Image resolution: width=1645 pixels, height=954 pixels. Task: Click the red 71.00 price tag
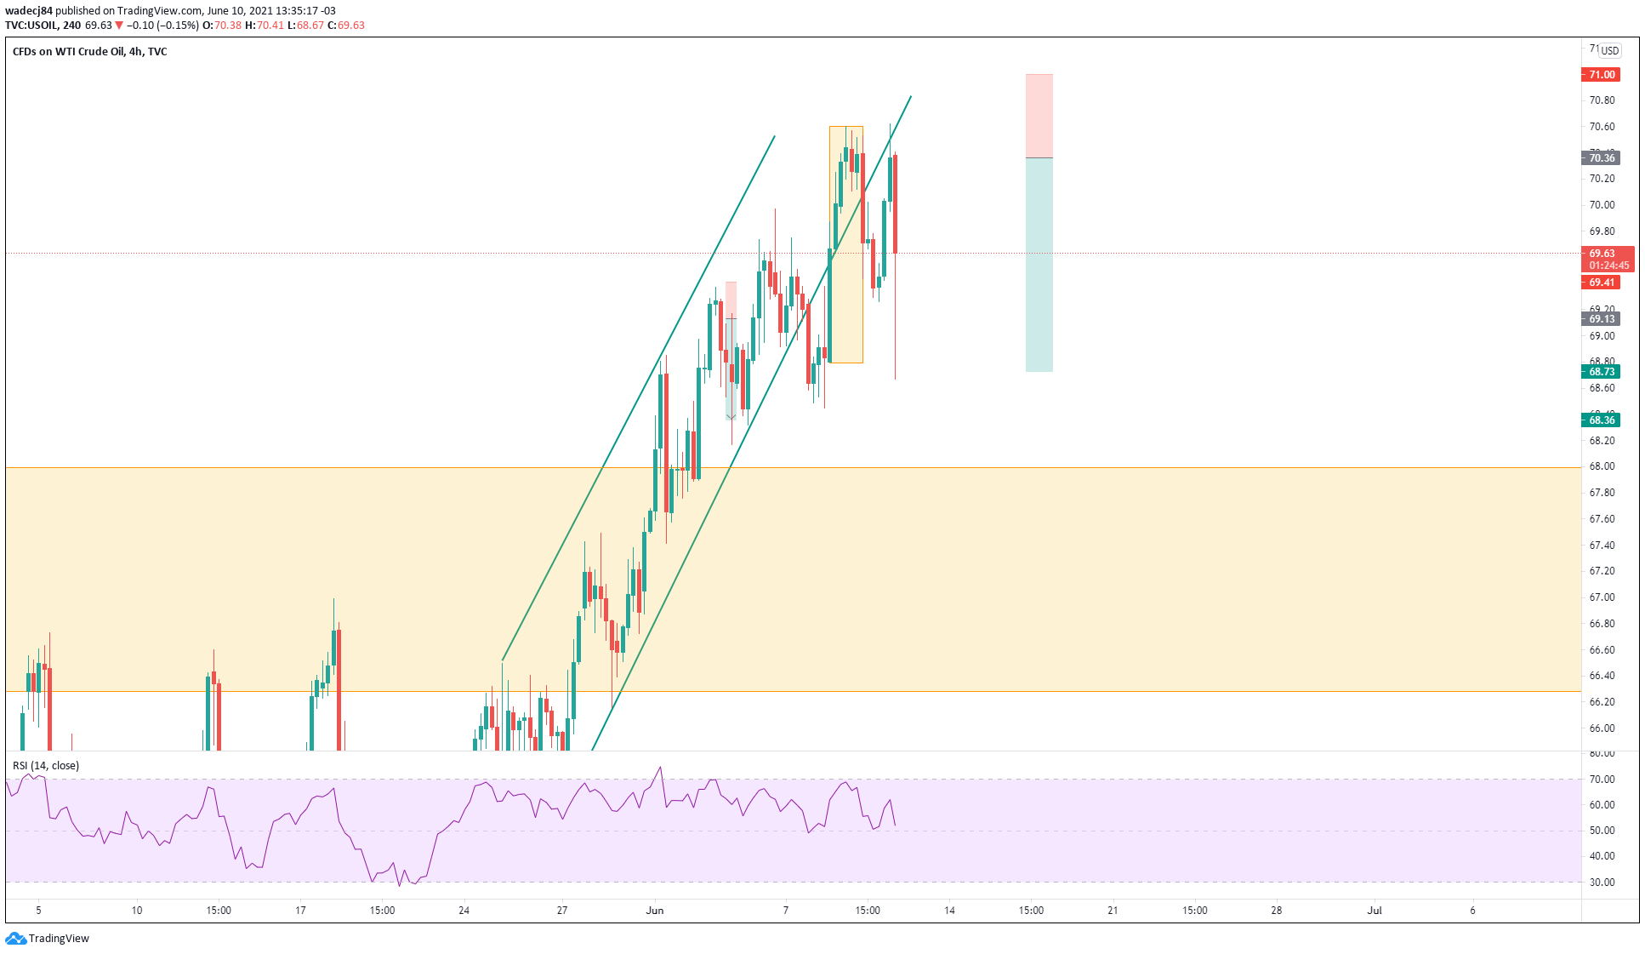coord(1601,75)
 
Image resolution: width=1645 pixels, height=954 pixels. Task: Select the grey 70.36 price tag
coord(1601,158)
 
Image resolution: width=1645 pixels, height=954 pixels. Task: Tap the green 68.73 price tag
coord(1601,372)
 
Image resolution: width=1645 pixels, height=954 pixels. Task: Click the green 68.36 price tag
coord(1601,420)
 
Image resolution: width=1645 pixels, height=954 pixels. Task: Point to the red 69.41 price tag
coord(1601,283)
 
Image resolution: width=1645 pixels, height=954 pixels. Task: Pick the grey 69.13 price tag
coord(1601,319)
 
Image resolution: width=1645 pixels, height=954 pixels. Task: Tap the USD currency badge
coord(1609,51)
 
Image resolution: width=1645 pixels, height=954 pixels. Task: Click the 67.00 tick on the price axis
coord(1602,597)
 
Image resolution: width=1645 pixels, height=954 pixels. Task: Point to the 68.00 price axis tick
coord(1602,466)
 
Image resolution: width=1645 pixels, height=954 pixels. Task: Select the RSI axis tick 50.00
coord(1602,831)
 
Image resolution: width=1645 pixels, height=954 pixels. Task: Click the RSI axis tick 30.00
coord(1602,883)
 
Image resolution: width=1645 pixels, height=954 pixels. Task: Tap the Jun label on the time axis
coord(655,911)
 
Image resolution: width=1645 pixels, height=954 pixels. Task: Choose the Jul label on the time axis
coord(1375,911)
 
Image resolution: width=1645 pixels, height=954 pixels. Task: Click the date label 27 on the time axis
coord(562,911)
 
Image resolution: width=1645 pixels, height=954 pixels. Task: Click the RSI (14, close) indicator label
coord(46,766)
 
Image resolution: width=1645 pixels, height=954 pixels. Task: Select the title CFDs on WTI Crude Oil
coord(68,52)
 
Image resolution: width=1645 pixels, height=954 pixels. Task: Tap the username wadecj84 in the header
coord(29,11)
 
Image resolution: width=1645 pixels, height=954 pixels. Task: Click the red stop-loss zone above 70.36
coord(1039,116)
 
